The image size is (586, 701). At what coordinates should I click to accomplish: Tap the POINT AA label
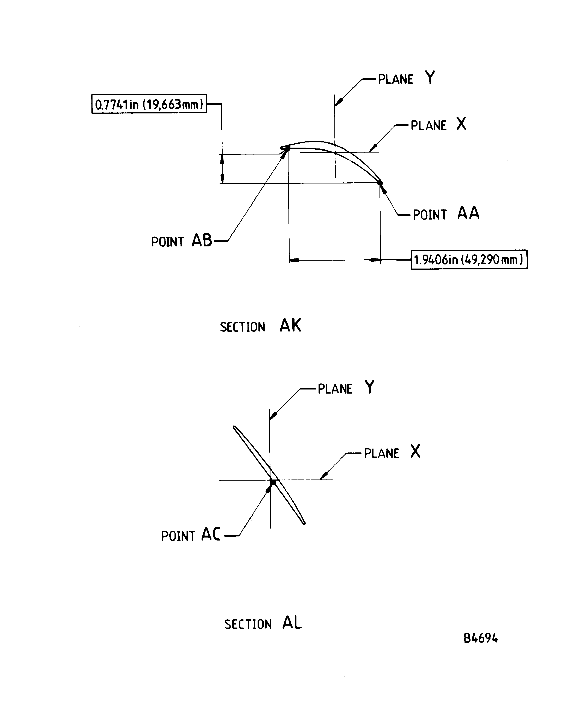(446, 214)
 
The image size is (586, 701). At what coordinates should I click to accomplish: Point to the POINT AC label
(191, 535)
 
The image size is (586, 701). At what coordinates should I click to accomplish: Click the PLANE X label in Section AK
(438, 125)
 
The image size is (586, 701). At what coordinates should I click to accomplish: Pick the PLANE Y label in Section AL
(346, 388)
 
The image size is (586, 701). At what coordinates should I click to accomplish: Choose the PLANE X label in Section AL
(392, 452)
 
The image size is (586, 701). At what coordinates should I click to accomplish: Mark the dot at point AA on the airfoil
(380, 183)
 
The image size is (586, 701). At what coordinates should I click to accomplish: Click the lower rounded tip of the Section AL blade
(304, 523)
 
